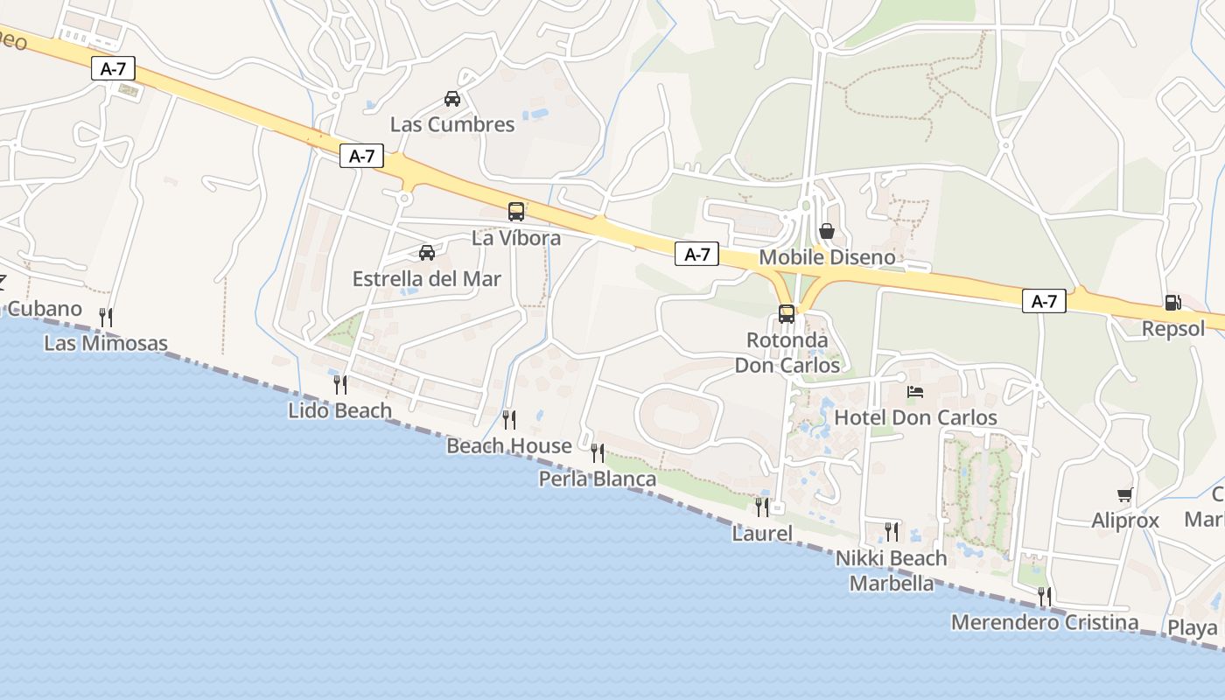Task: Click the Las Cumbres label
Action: (452, 124)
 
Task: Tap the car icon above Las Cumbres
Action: (452, 99)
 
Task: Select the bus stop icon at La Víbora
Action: (516, 212)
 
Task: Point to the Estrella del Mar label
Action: (427, 279)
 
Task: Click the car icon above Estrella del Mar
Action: (427, 253)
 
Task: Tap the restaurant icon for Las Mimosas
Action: (106, 317)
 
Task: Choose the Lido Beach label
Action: (339, 409)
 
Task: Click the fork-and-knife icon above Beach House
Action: (509, 420)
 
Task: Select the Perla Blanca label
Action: (598, 479)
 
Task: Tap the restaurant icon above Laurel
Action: (762, 507)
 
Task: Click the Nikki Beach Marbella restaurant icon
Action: (892, 531)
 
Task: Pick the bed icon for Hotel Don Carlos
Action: (915, 392)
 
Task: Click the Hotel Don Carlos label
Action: (915, 417)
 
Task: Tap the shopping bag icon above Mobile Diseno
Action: (827, 231)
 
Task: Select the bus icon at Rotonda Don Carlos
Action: (787, 314)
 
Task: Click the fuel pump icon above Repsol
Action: (1172, 303)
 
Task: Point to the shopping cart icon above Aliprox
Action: (1125, 495)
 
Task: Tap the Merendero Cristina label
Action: (1045, 623)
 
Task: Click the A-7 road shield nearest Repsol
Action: (1044, 302)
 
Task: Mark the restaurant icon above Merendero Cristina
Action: (1045, 597)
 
